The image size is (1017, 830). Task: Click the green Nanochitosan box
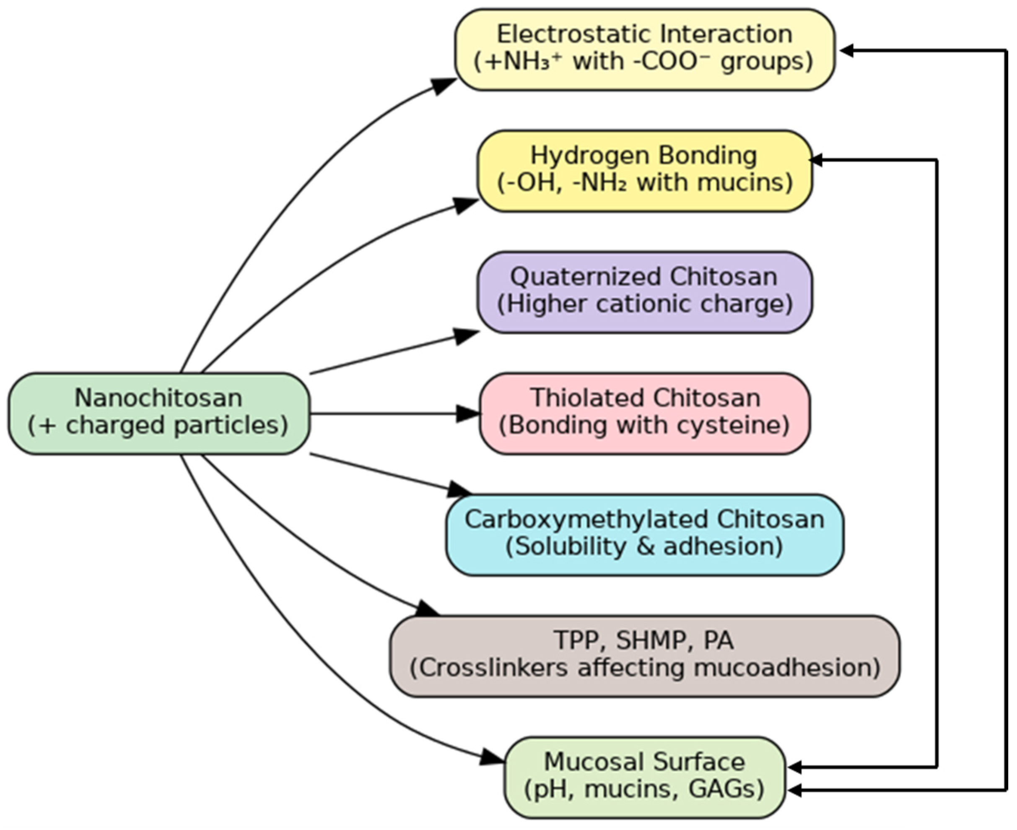(x=158, y=413)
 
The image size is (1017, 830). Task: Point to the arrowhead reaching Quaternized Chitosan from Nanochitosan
(x=466, y=336)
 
